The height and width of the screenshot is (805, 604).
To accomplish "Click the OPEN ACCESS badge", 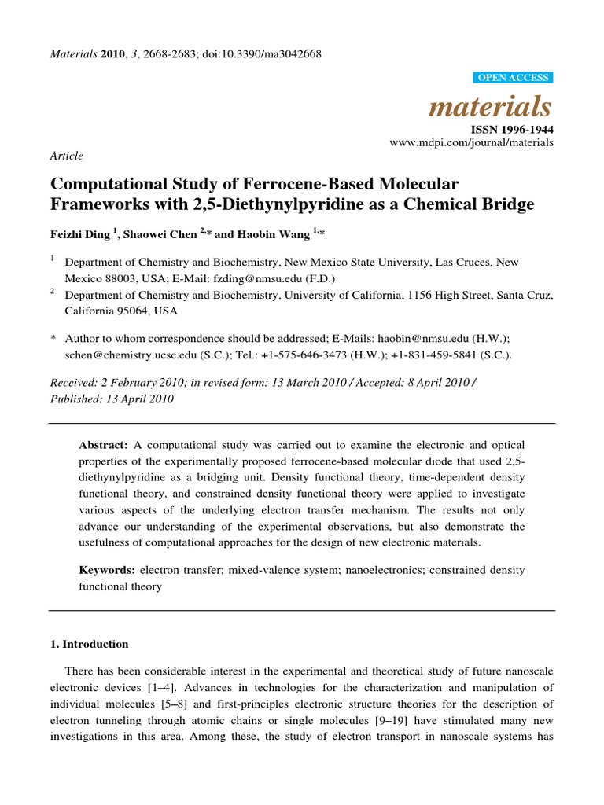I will pyautogui.click(x=514, y=77).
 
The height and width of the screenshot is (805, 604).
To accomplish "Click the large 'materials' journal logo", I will pyautogui.click(x=490, y=106).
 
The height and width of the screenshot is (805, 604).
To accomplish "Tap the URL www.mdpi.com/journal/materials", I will pyautogui.click(x=472, y=142).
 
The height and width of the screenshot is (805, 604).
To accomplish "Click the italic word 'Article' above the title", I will pyautogui.click(x=66, y=156).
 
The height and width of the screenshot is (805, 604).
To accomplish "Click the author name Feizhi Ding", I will pyautogui.click(x=80, y=233).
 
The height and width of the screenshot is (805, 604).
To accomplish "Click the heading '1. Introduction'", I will pyautogui.click(x=89, y=644).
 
